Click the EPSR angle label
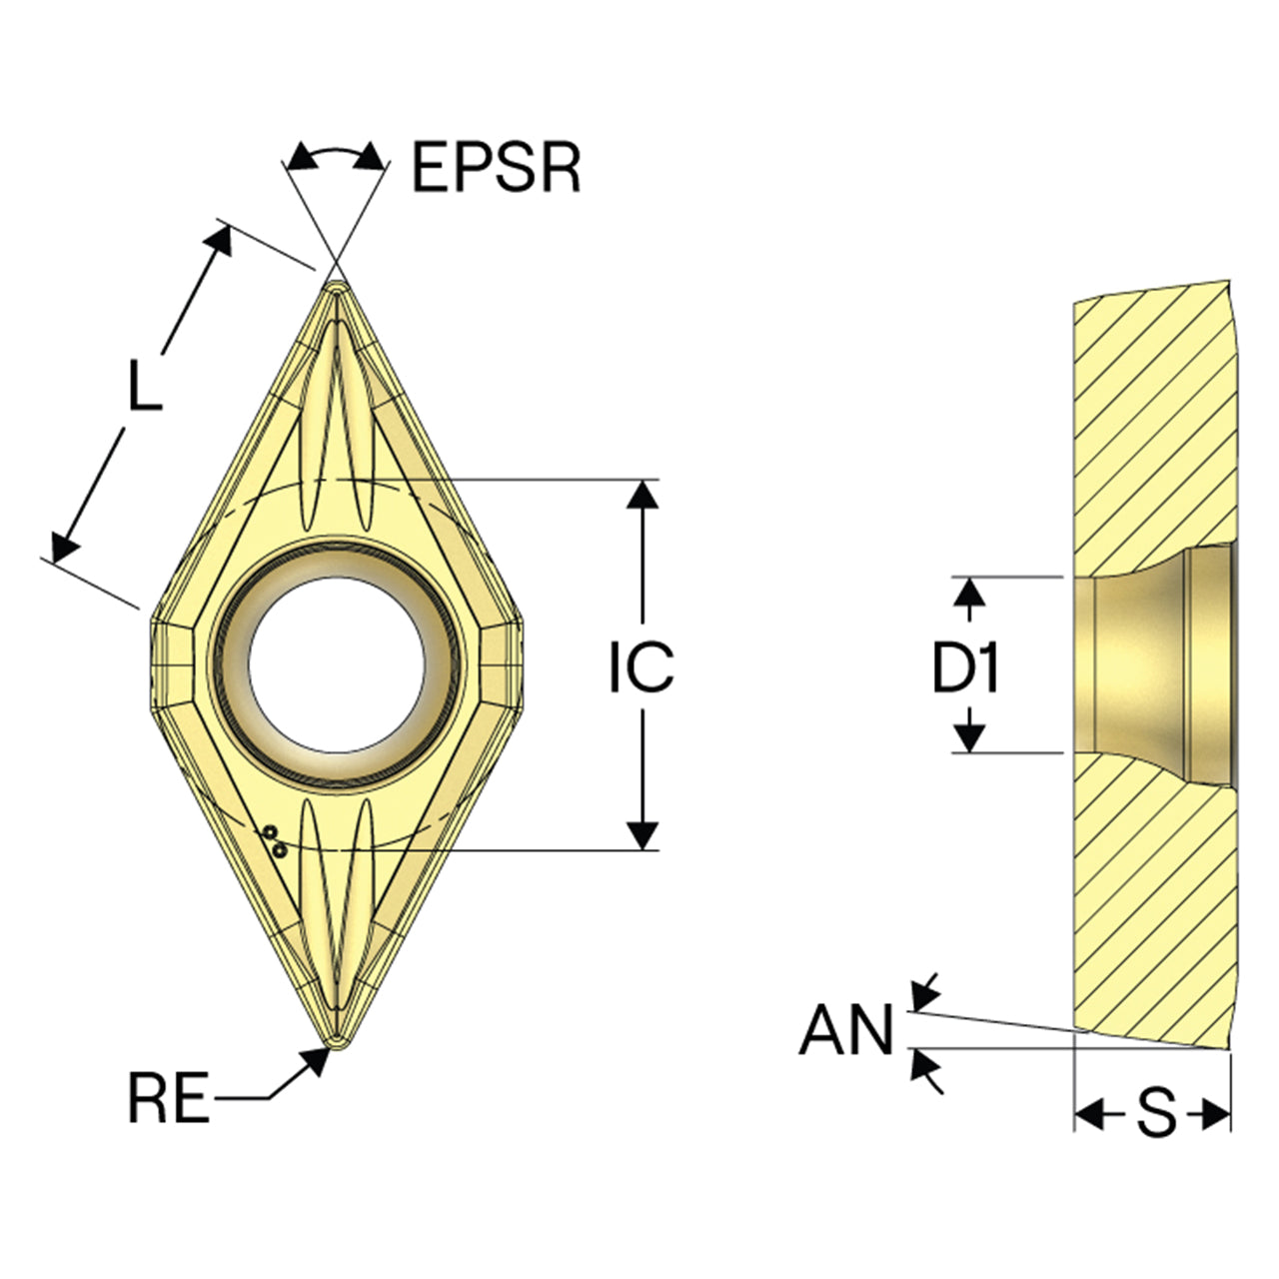click(x=497, y=167)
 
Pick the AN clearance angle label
click(x=846, y=1029)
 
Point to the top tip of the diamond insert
click(x=337, y=282)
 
